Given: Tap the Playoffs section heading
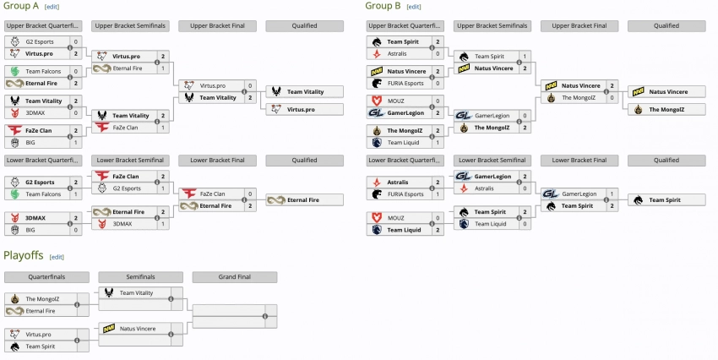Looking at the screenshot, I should click(x=24, y=255).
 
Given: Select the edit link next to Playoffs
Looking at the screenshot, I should click(x=57, y=256).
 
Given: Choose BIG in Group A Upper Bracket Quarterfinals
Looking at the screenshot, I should click(x=31, y=143).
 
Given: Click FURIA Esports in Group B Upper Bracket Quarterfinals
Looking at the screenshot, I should click(x=406, y=84).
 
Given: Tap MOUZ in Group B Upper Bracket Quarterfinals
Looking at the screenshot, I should click(x=395, y=100).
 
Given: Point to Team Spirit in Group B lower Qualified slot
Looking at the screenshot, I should click(x=665, y=199).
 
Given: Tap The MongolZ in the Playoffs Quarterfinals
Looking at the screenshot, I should click(x=42, y=298).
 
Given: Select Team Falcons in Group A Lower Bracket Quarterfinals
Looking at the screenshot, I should click(x=42, y=194).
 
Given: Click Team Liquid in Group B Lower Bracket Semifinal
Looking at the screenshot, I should click(x=491, y=224).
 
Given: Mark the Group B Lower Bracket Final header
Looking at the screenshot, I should click(x=578, y=160).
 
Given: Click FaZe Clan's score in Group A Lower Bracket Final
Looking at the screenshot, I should click(x=249, y=194).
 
